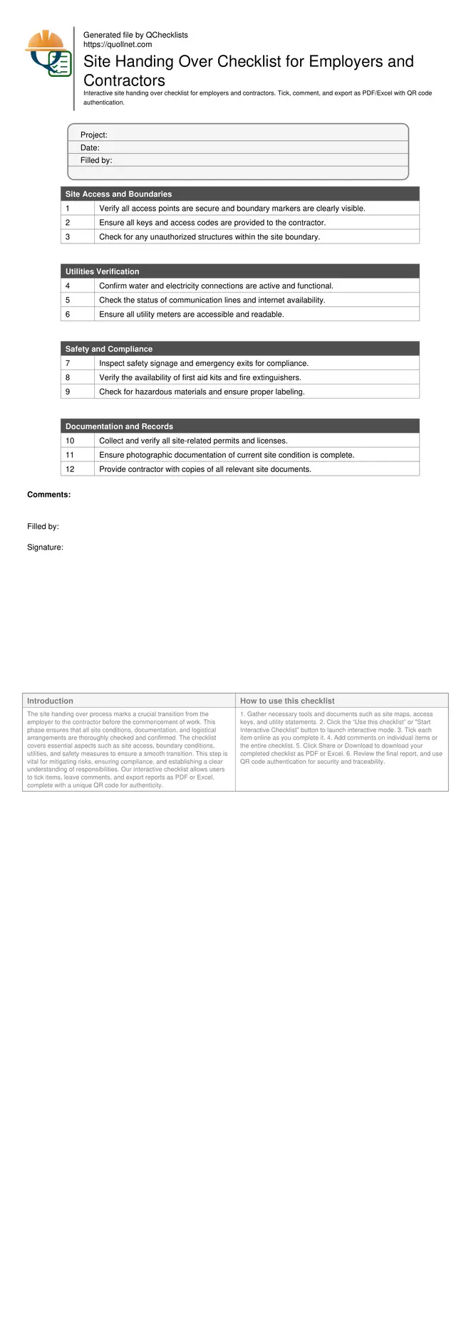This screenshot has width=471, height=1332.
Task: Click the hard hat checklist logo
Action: tap(48, 54)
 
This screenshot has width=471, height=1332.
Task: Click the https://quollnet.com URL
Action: tap(118, 44)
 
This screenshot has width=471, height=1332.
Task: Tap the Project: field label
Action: tap(93, 135)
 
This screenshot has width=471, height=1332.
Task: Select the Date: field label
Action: tap(90, 148)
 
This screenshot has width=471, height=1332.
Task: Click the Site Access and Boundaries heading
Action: tap(118, 194)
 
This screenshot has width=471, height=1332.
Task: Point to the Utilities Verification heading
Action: tap(102, 272)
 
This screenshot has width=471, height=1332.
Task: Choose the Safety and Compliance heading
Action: tap(108, 350)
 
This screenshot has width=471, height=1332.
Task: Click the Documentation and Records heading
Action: tap(119, 427)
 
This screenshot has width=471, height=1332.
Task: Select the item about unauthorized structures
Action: tap(209, 237)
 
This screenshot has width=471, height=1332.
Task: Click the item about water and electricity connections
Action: tap(216, 286)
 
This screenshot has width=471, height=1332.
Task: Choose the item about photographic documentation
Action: tap(227, 456)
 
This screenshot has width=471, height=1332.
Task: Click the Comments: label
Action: tap(48, 495)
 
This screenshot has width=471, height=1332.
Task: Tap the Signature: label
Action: tap(45, 547)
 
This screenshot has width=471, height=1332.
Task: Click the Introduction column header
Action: tap(50, 701)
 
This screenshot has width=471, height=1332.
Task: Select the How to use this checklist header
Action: tap(287, 701)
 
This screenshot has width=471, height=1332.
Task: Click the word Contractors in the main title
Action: tap(125, 81)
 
